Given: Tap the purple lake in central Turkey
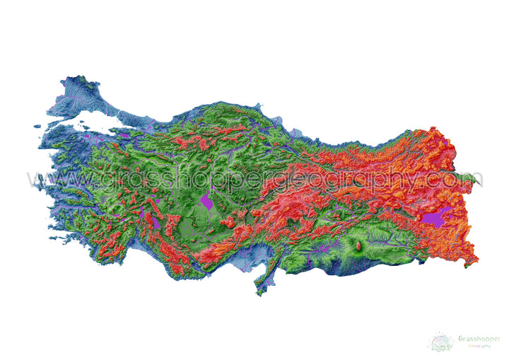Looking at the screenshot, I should (206, 202).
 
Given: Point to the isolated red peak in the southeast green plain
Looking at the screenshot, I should (358, 245).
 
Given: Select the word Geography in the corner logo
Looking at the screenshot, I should (477, 346).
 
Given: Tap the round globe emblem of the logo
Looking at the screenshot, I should (441, 342).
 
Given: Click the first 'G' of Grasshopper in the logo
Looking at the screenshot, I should (460, 338).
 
